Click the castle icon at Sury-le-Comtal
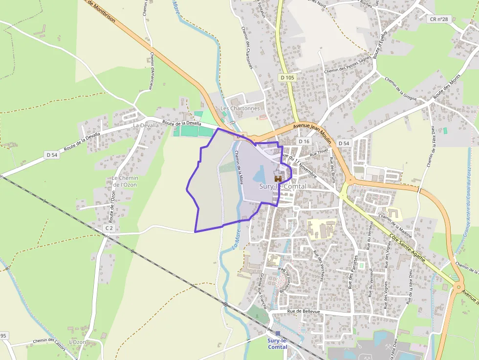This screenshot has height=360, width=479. click(x=278, y=179)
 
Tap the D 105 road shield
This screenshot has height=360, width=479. click(x=288, y=78)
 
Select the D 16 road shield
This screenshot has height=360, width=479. click(x=304, y=141)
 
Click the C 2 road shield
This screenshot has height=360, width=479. click(x=109, y=228)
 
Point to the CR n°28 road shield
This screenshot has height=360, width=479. click(x=439, y=19)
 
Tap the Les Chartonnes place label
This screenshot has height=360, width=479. click(x=240, y=108)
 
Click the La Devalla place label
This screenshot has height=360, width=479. click(x=146, y=125)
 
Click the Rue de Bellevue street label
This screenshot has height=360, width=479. click(x=304, y=311)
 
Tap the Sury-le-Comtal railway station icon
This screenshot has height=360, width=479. click(x=278, y=334)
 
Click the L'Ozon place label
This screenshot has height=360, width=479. click(x=77, y=342)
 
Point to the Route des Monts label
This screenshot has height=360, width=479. click(x=447, y=87)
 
